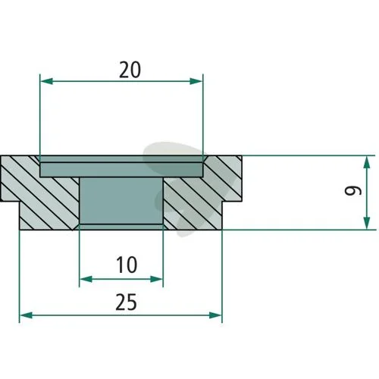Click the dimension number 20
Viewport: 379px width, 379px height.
[x=130, y=70]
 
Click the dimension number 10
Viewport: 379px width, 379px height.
[x=127, y=265]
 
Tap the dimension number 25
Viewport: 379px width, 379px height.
[x=126, y=302]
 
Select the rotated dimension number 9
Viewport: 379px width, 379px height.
[x=353, y=191]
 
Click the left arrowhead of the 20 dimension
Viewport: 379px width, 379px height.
[x=46, y=81]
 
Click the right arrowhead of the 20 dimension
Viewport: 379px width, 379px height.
[x=196, y=81]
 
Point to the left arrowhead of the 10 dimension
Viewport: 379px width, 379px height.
[x=86, y=279]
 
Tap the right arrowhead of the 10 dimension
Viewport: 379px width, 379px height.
[x=156, y=279]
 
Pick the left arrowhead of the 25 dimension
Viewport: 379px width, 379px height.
[x=26, y=315]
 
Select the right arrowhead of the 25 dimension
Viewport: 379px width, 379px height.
[x=215, y=315]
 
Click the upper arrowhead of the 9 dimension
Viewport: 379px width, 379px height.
[x=367, y=162]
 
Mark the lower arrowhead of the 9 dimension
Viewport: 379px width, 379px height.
[x=367, y=223]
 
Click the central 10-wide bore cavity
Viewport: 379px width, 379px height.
[x=121, y=200]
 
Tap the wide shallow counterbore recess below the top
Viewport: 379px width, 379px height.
[x=121, y=170]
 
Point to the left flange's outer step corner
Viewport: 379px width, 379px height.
[x=20, y=202]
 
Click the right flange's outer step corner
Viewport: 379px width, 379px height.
[x=222, y=202]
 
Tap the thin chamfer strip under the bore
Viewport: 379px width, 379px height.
[x=121, y=227]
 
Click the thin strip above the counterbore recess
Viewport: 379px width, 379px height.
[x=121, y=159]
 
